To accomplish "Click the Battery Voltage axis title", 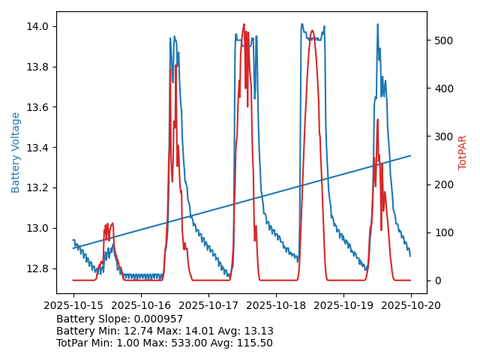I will (16, 152).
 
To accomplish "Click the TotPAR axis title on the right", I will (463, 152).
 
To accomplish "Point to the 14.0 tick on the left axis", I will (38, 26).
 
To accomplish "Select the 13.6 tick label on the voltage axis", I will (38, 107).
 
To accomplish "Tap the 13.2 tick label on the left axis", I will (38, 187).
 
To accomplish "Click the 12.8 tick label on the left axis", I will (38, 268).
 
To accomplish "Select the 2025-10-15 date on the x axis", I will (73, 305).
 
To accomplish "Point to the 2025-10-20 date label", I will (410, 305).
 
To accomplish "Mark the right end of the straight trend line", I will (410, 156).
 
